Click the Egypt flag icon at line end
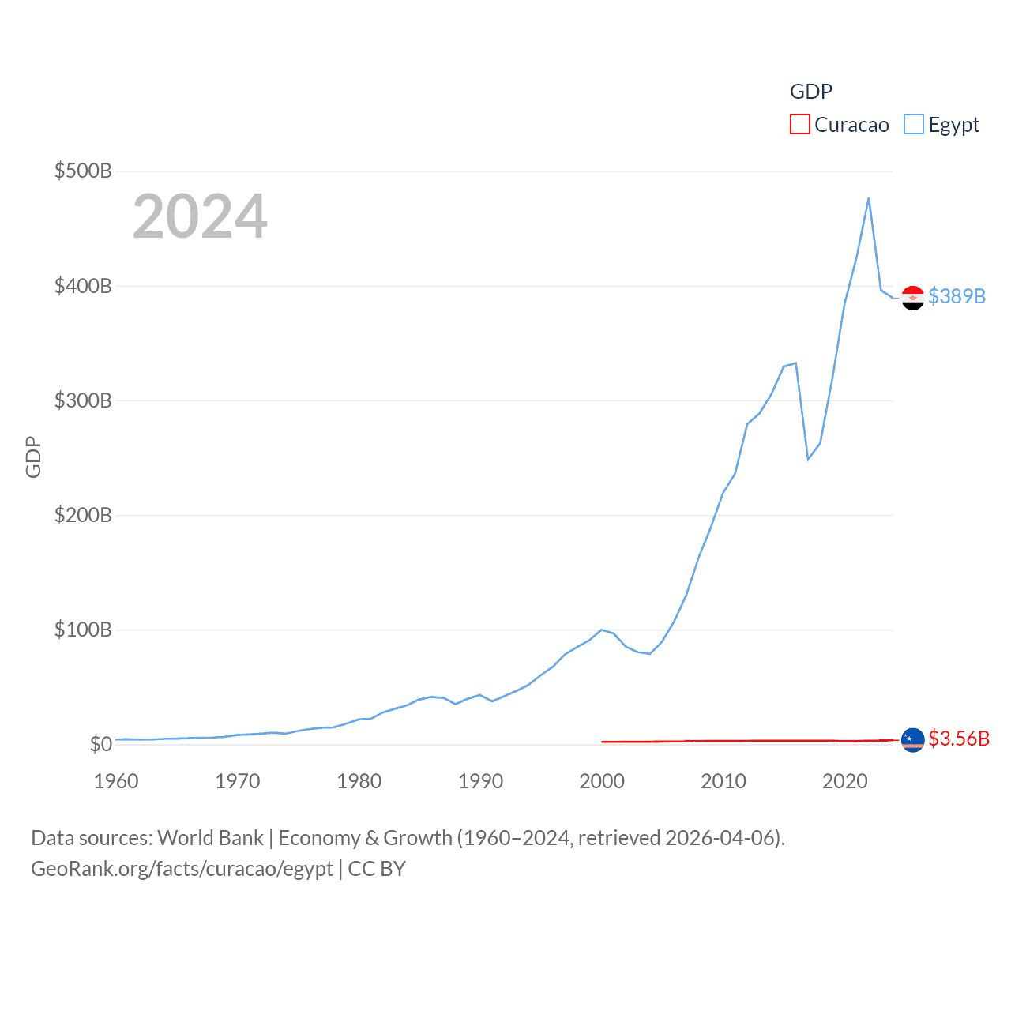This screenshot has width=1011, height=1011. pos(912,298)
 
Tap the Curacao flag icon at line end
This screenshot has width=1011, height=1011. pos(912,740)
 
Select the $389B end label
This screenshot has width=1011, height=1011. pos(957,296)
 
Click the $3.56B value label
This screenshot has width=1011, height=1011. pos(959,739)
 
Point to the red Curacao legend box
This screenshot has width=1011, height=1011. pos(799,125)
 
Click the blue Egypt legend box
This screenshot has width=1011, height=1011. pos(913,125)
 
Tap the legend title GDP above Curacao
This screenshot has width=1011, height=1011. pos(810,92)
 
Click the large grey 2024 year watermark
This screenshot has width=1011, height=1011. pos(200,216)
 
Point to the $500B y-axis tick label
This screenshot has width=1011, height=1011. pos(83,171)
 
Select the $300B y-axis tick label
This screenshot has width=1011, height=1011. pos(83,400)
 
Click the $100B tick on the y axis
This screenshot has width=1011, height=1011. pos(83,630)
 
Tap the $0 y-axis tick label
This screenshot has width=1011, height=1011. pos(101,744)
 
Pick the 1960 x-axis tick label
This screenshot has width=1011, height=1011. pos(116,781)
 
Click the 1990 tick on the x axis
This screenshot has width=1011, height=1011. pos(480,781)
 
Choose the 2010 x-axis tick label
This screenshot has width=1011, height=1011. pos(723,781)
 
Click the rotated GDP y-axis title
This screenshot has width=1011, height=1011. pos(33,457)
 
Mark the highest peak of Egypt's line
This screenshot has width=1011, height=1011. pos(869,198)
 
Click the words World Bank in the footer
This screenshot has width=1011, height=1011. pos(210,838)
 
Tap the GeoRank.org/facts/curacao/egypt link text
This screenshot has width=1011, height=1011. pos(182,869)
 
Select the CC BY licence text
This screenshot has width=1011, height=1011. pos(377,869)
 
